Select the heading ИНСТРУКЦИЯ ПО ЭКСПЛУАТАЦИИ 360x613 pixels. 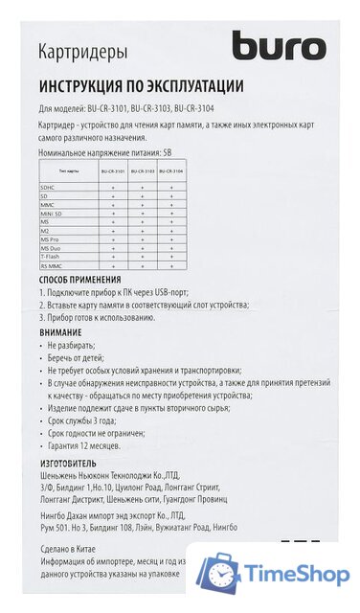pyautogui.click(x=141, y=85)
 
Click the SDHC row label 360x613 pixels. pyautogui.click(x=48, y=187)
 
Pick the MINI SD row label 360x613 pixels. pyautogui.click(x=52, y=213)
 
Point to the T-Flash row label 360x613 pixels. pyautogui.click(x=51, y=257)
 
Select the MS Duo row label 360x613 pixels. pyautogui.click(x=52, y=248)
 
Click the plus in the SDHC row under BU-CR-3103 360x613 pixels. pyautogui.click(x=142, y=187)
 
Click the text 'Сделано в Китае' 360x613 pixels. pyautogui.click(x=73, y=550)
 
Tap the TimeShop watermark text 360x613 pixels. pyautogui.click(x=297, y=575)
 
